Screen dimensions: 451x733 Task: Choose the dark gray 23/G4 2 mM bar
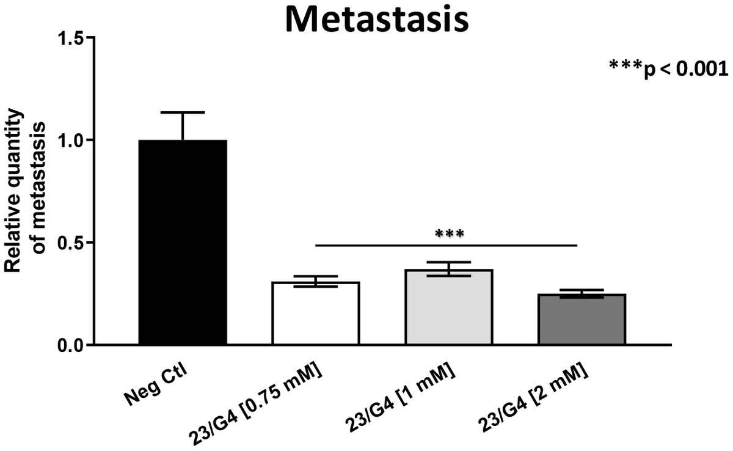(x=582, y=319)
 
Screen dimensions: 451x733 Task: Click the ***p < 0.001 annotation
(x=669, y=68)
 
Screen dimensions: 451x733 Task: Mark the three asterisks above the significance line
(x=449, y=233)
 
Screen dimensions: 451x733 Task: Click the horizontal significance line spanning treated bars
(x=446, y=246)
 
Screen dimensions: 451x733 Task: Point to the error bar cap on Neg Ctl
(x=183, y=112)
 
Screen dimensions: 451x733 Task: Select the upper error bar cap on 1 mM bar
(x=449, y=262)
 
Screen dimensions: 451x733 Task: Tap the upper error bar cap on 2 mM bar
(x=582, y=290)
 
